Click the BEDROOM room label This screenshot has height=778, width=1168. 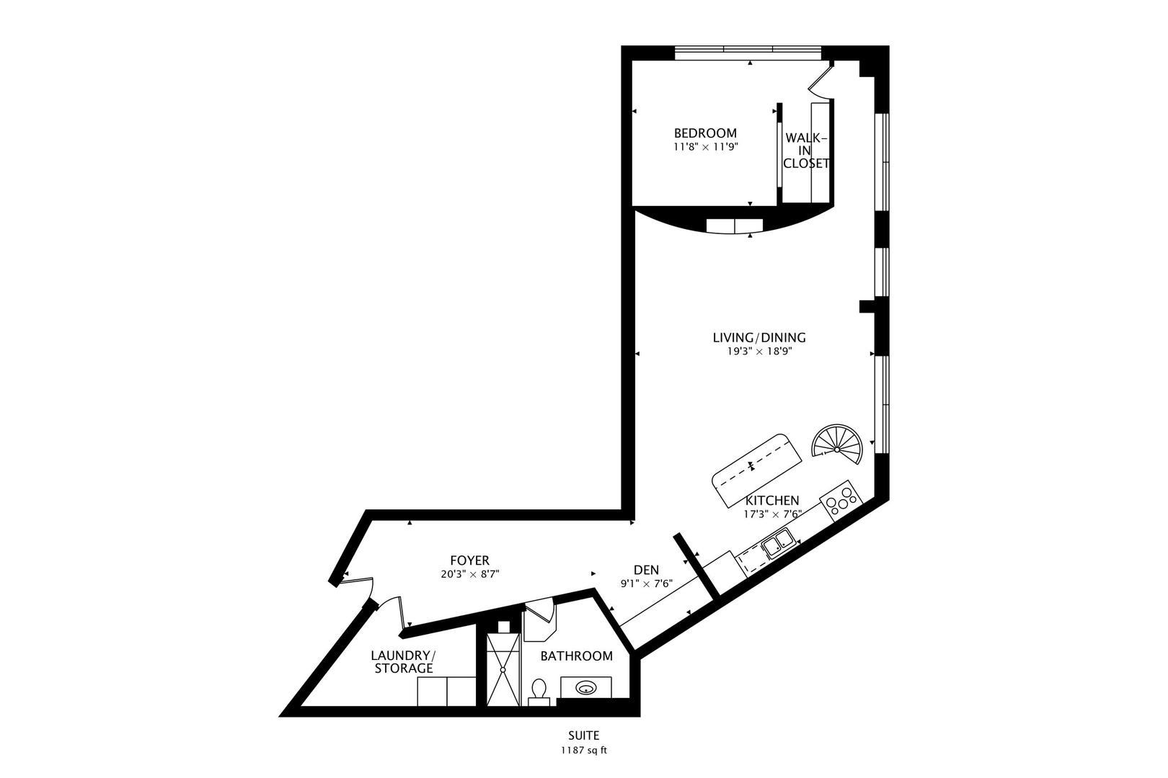(x=705, y=133)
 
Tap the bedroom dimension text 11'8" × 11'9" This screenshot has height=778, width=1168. (x=706, y=147)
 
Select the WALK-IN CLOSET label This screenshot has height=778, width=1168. (x=805, y=151)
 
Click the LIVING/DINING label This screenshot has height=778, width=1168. (x=759, y=338)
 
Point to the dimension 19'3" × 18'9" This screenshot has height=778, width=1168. (x=760, y=352)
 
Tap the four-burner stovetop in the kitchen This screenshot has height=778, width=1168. (x=841, y=501)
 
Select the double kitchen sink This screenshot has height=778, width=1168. (x=778, y=543)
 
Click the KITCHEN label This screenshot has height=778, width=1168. (x=772, y=501)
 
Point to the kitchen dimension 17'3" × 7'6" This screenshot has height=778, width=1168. (x=772, y=514)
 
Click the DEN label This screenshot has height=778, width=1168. (x=647, y=570)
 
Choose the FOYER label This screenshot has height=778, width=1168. (x=470, y=560)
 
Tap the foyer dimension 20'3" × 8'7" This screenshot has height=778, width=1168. (x=470, y=574)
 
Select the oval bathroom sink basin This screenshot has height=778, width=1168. (x=587, y=689)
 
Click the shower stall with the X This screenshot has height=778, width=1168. (x=503, y=669)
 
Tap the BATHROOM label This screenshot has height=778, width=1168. (x=576, y=656)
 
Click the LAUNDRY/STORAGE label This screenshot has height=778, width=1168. (x=404, y=662)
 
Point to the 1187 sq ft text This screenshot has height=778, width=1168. (x=584, y=751)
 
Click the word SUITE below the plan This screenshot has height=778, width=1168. (x=584, y=735)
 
